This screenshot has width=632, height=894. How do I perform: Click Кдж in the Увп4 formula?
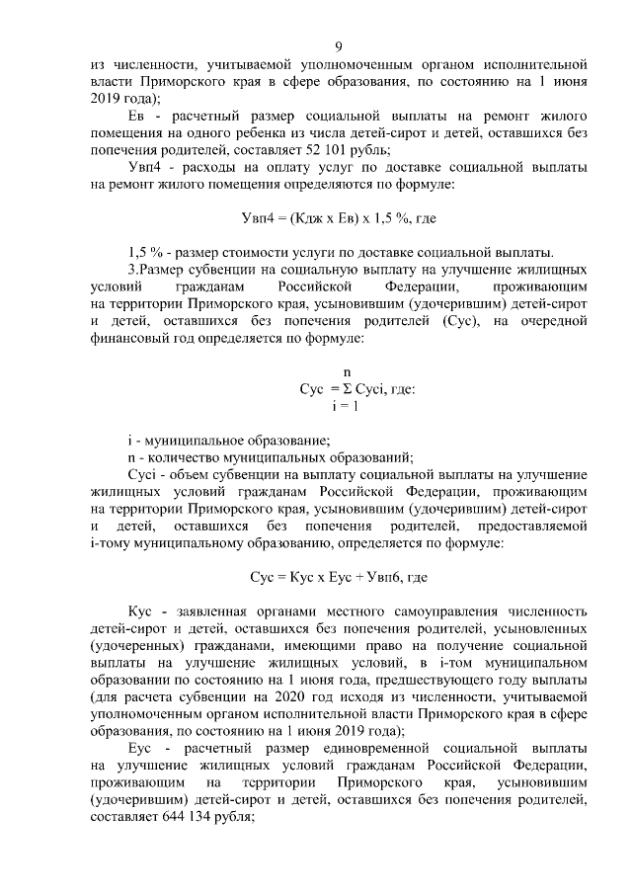pos(303,217)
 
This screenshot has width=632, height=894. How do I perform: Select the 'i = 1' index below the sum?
pos(345,406)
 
